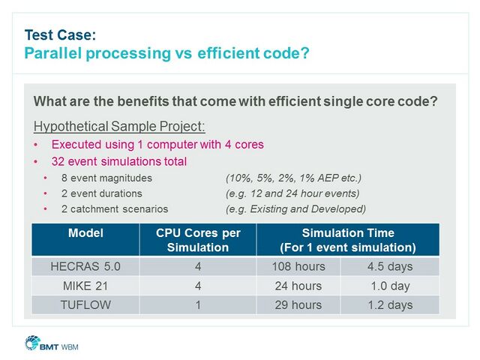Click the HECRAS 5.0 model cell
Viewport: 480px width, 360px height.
85,266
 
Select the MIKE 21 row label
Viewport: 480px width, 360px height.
85,286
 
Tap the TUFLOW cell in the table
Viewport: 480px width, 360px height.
85,304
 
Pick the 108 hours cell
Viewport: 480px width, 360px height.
298,266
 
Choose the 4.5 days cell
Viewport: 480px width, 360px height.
390,266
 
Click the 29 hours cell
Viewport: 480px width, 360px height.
298,304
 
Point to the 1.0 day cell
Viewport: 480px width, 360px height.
390,286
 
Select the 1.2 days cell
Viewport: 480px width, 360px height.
390,304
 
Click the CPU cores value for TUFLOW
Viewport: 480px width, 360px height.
198,304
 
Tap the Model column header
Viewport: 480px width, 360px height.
85,233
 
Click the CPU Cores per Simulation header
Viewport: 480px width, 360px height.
198,240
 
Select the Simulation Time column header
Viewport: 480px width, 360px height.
348,240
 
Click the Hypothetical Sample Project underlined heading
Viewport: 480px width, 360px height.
119,126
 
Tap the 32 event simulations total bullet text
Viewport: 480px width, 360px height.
118,161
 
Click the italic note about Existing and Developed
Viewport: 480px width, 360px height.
295,208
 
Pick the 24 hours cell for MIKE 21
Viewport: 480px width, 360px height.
298,286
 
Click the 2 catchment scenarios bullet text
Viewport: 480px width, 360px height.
109,208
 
